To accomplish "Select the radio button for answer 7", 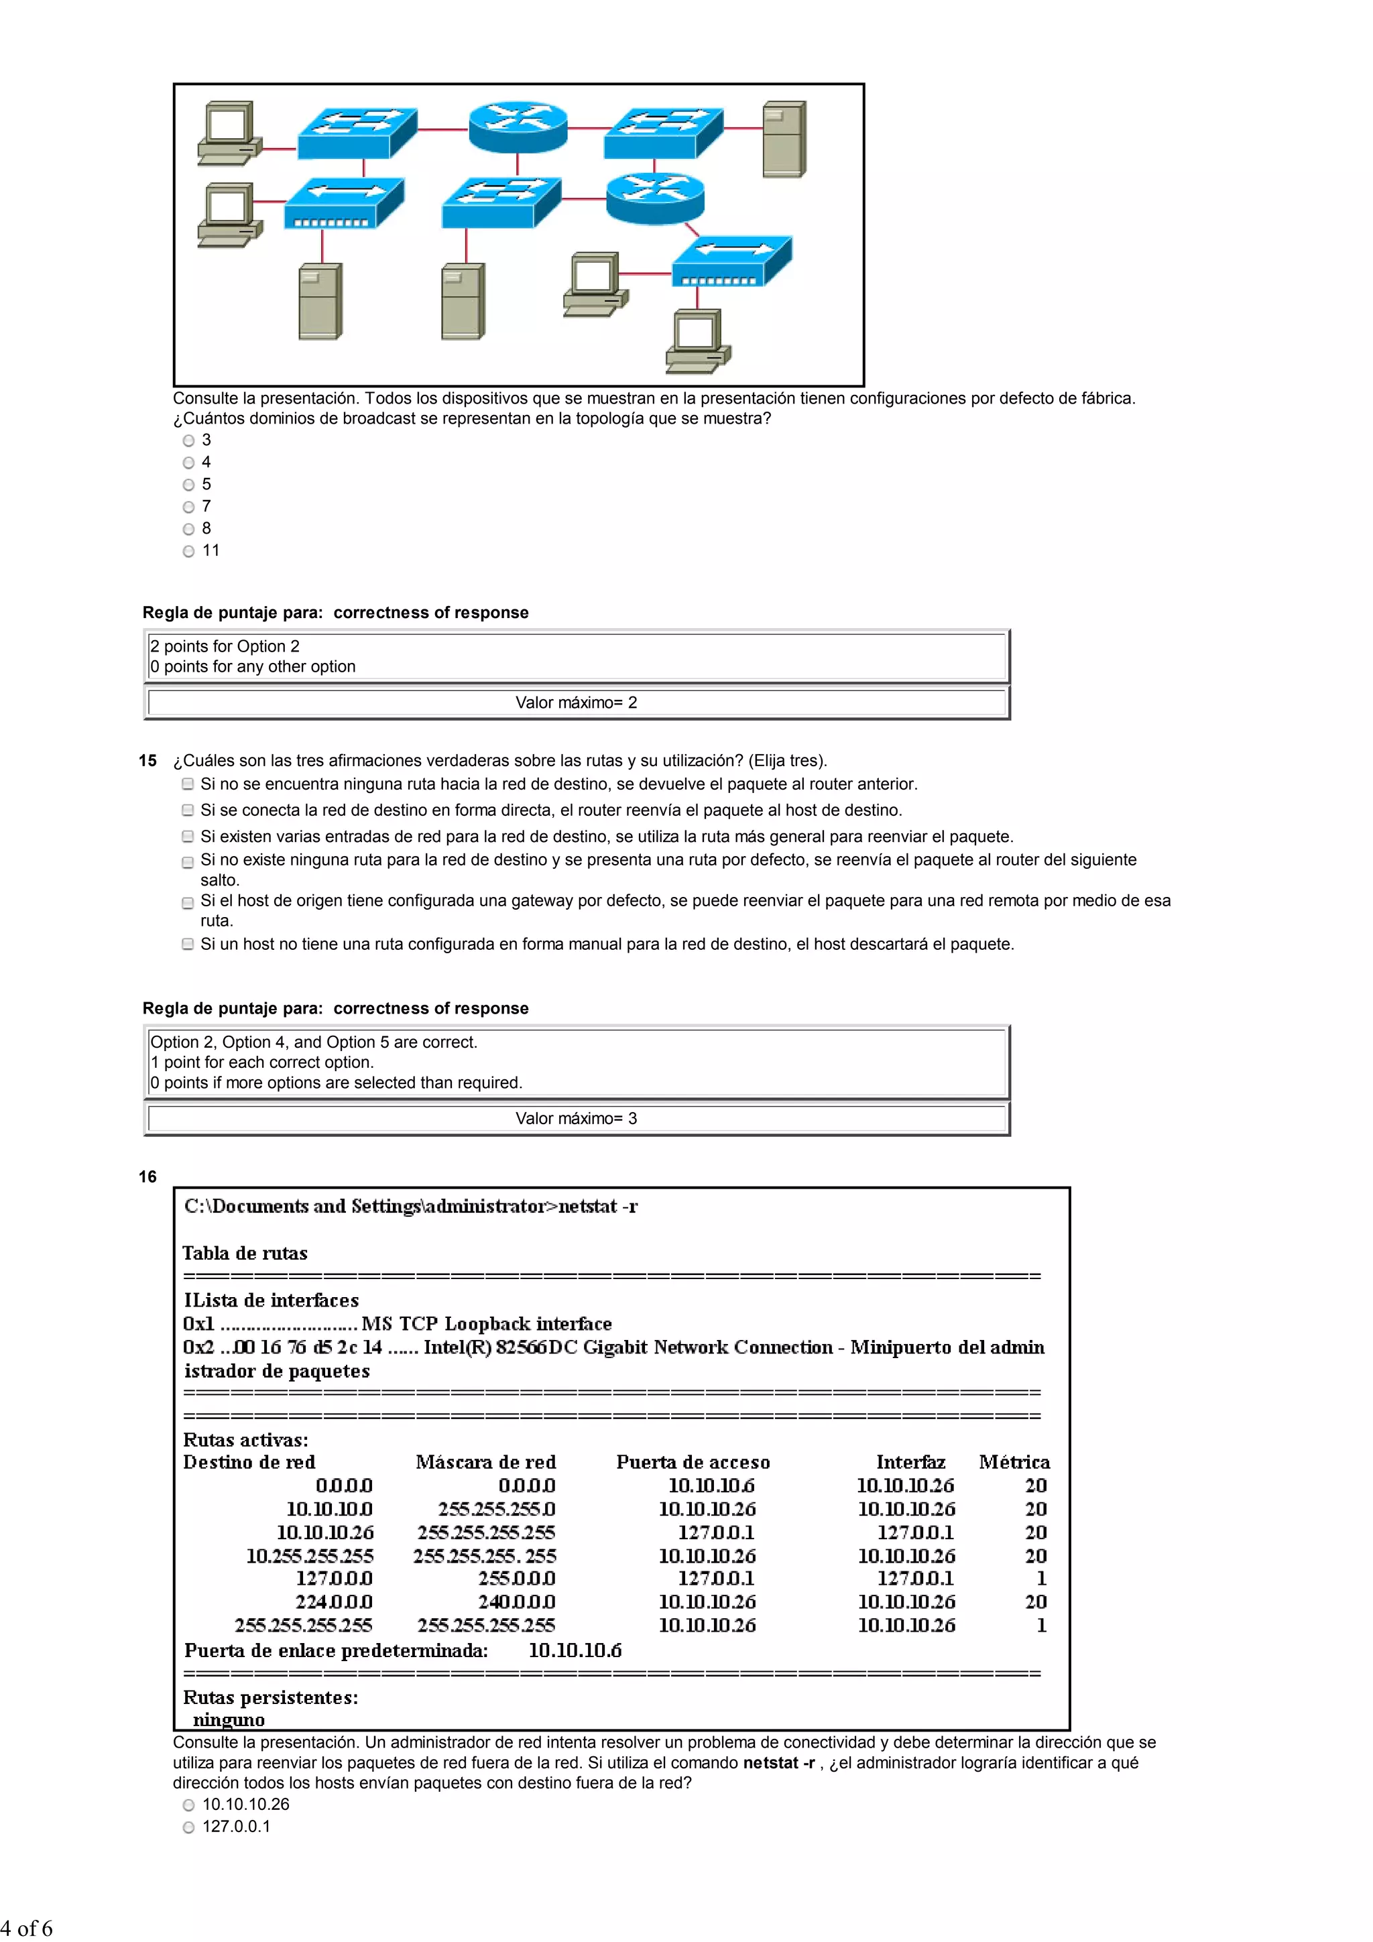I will click(x=188, y=507).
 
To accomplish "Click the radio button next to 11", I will click(x=188, y=550).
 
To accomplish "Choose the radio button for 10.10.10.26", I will click(x=188, y=1804).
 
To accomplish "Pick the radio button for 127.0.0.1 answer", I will click(x=188, y=1826).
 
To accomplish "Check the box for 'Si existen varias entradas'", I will click(x=188, y=837).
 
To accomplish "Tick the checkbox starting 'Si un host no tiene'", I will click(x=188, y=944).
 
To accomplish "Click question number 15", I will click(x=148, y=760).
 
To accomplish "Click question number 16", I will click(x=148, y=1176).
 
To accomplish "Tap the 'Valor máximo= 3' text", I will click(x=576, y=1118).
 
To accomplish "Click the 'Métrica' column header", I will click(x=1014, y=1461).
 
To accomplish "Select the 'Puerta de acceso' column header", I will click(x=693, y=1461).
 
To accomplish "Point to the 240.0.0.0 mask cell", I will click(x=516, y=1601).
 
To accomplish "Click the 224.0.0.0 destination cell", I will click(x=333, y=1601).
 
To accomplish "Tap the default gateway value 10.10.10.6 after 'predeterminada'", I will click(x=575, y=1650).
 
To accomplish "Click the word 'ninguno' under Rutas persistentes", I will click(x=229, y=1719).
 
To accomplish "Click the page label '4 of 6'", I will click(x=26, y=1928).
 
